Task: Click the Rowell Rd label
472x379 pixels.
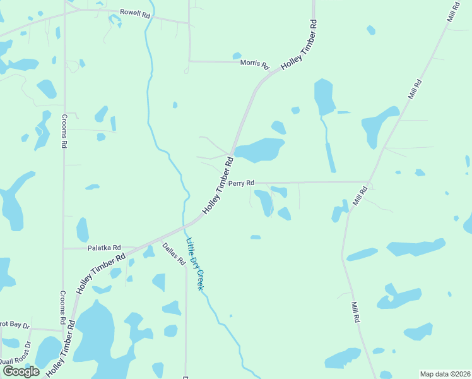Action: point(136,13)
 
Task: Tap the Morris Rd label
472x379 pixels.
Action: point(255,64)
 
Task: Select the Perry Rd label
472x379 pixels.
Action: point(241,183)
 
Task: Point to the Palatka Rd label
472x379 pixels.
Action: point(103,248)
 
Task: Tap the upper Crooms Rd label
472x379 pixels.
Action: point(64,131)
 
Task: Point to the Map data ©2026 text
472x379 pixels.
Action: point(445,374)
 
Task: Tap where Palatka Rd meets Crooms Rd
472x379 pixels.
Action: point(63,248)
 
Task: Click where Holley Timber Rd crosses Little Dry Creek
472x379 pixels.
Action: point(186,226)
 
